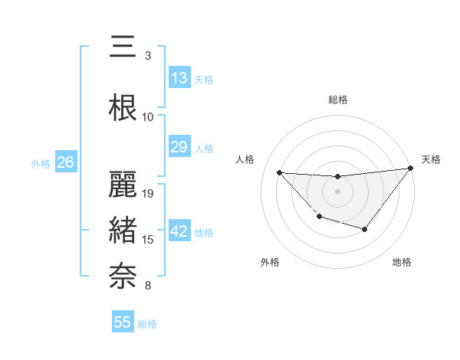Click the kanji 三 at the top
(x=123, y=47)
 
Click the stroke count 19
(x=149, y=193)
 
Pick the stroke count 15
(x=149, y=241)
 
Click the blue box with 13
(x=179, y=78)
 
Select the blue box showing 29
(x=179, y=147)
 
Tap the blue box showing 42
(x=179, y=232)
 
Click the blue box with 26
(x=65, y=162)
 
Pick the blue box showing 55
(x=123, y=322)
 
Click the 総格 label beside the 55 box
(x=148, y=324)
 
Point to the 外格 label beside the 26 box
(x=40, y=163)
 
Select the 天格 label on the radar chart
(x=431, y=159)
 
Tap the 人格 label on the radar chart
(x=245, y=159)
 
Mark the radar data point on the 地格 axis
(x=365, y=229)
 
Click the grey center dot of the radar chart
(x=337, y=191)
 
